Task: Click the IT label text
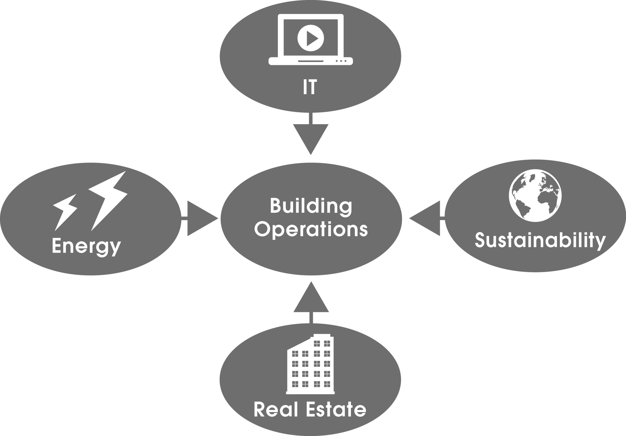coord(310,87)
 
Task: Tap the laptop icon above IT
coord(310,40)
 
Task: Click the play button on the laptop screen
coord(310,38)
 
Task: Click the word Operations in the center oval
coord(311,230)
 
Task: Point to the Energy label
coord(86,246)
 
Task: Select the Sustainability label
coord(540,240)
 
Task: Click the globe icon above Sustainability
coord(535,195)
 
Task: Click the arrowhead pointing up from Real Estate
coord(311,300)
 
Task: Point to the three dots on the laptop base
coord(341,61)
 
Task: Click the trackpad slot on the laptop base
coord(310,61)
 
